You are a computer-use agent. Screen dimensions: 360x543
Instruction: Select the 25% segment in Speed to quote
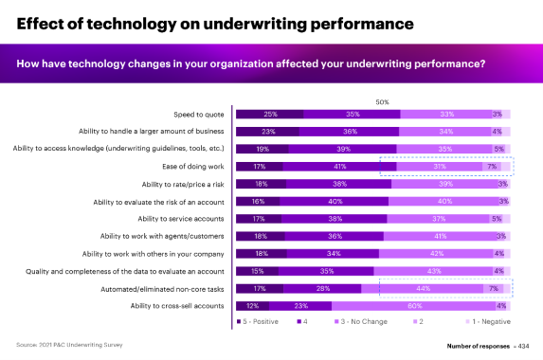[269, 114]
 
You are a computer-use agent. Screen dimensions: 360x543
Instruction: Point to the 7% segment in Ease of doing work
[491, 167]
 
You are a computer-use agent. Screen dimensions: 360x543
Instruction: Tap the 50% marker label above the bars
[383, 100]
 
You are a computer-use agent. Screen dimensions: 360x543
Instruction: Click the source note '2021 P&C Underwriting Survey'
[66, 345]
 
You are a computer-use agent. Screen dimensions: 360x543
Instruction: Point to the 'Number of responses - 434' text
[489, 346]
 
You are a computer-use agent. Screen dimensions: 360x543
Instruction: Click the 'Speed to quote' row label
[200, 114]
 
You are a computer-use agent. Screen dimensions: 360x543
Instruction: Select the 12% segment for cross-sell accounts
[252, 306]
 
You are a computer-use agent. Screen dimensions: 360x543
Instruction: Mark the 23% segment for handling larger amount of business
[267, 132]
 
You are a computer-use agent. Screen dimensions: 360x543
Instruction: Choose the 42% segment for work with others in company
[436, 254]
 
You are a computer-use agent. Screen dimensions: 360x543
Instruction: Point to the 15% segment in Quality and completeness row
[256, 271]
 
